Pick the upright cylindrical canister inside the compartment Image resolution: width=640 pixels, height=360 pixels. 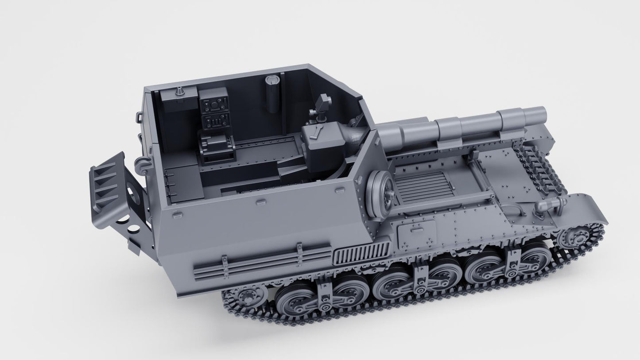point(272,92)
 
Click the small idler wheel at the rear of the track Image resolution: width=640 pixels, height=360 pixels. point(243,298)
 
